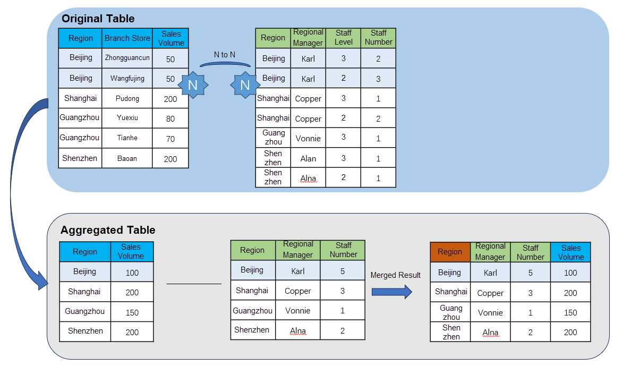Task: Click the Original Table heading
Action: click(x=98, y=19)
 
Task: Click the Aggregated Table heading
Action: click(x=108, y=230)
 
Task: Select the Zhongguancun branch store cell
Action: click(x=127, y=58)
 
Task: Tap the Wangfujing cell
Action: click(x=127, y=78)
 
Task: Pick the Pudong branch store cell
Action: click(x=127, y=98)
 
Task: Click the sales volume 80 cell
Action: click(x=170, y=118)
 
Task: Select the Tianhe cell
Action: click(x=127, y=138)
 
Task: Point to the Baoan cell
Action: click(x=127, y=158)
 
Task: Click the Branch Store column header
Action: click(x=127, y=38)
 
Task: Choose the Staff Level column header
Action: click(x=343, y=38)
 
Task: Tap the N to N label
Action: click(x=224, y=55)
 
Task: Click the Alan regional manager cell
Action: click(x=308, y=158)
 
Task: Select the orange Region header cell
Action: click(x=449, y=252)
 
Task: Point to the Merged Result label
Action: click(x=395, y=275)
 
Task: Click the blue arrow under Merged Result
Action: click(x=391, y=291)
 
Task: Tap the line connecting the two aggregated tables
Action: click(x=193, y=284)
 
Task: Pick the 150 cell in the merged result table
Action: click(x=570, y=313)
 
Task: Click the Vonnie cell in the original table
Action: click(x=308, y=138)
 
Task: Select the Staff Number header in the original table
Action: click(x=378, y=38)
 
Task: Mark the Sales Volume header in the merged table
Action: click(x=570, y=252)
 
